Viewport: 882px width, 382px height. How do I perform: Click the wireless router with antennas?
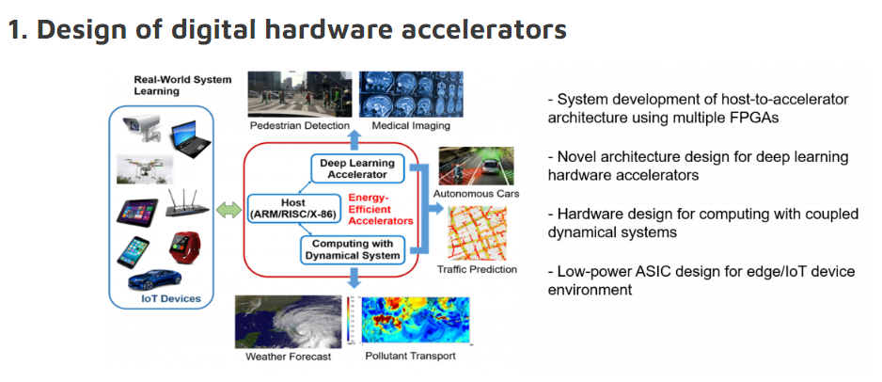187,206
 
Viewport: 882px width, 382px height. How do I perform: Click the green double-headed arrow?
228,211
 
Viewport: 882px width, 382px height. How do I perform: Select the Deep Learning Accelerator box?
357,168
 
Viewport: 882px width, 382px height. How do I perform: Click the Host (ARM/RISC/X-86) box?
293,208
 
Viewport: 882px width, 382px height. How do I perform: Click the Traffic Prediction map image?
478,233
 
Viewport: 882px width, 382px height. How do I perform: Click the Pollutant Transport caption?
410,357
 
